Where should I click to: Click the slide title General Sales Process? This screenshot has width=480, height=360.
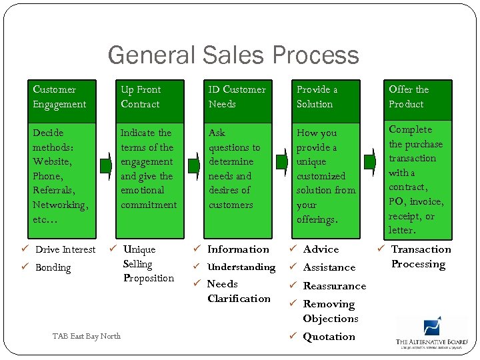(233, 55)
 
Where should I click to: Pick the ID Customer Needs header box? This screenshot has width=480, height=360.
(239, 97)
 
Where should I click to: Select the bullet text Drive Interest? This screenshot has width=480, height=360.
(65, 250)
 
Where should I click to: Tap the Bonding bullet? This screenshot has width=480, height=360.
(53, 268)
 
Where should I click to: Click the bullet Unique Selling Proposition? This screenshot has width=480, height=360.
(148, 264)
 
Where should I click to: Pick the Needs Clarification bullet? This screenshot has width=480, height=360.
(238, 291)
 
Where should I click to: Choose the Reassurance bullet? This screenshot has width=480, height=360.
(334, 286)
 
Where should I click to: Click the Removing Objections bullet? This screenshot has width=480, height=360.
(330, 311)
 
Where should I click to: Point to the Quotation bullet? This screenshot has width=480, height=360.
(329, 337)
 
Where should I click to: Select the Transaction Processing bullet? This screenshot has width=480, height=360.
(420, 257)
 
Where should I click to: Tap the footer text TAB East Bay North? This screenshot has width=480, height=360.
(87, 336)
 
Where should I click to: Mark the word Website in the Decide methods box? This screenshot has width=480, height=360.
(52, 162)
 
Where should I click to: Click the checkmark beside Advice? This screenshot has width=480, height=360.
(293, 249)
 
